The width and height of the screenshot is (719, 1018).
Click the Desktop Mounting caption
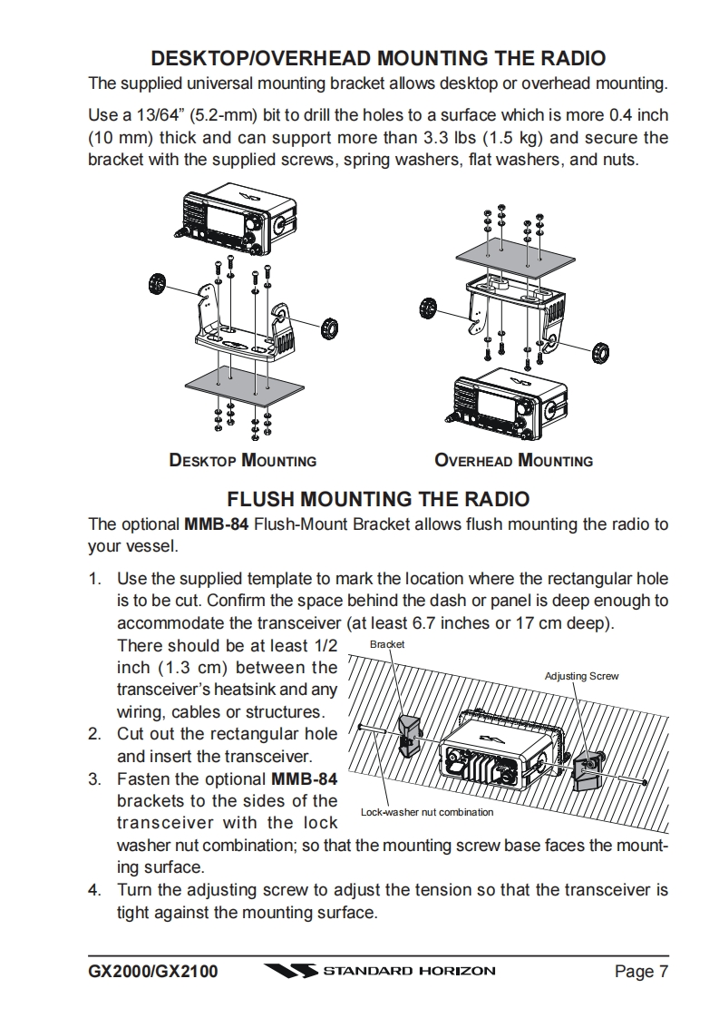click(242, 460)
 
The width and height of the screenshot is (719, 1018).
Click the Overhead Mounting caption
click(513, 460)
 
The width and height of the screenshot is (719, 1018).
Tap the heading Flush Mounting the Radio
click(377, 499)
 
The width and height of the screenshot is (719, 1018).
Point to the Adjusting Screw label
click(581, 676)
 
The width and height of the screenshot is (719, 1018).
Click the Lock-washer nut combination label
click(427, 812)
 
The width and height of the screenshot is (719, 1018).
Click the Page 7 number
click(641, 973)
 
